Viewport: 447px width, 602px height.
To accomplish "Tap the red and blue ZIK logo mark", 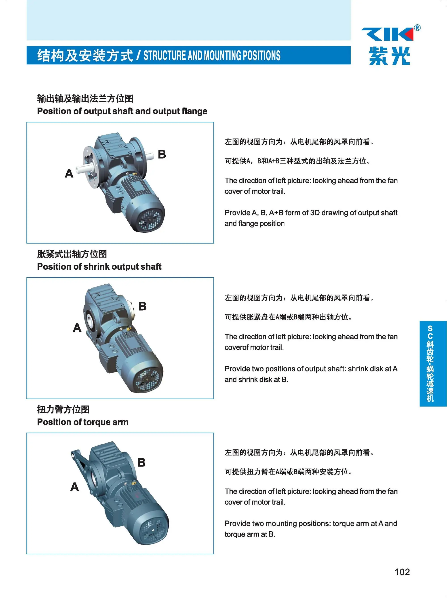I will tap(388, 34).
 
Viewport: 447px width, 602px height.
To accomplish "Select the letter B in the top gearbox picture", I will tap(162, 154).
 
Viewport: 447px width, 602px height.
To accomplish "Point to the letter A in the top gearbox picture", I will tap(69, 173).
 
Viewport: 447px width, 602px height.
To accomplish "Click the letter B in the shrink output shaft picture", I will tap(142, 306).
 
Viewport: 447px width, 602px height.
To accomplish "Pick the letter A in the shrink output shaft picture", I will tap(77, 328).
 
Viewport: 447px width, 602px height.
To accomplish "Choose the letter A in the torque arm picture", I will tap(75, 487).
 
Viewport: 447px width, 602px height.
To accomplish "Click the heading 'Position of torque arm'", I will tap(82, 422).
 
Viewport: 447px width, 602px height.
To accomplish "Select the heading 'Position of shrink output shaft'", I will tap(99, 266).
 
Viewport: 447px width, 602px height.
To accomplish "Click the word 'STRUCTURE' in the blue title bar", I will tap(165, 55).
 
